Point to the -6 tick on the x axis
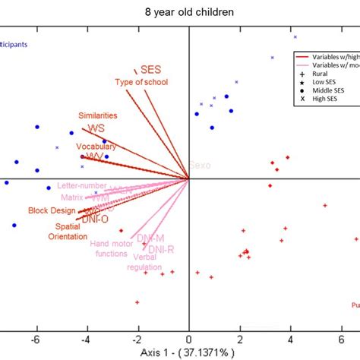(36, 339)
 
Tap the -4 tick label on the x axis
(87, 339)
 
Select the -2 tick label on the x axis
(137, 339)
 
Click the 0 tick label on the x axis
(189, 339)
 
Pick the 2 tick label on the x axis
(240, 339)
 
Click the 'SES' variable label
(151, 70)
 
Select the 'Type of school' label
(140, 82)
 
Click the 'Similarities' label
(98, 115)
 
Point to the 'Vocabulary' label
(95, 146)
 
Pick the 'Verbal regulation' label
(144, 262)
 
